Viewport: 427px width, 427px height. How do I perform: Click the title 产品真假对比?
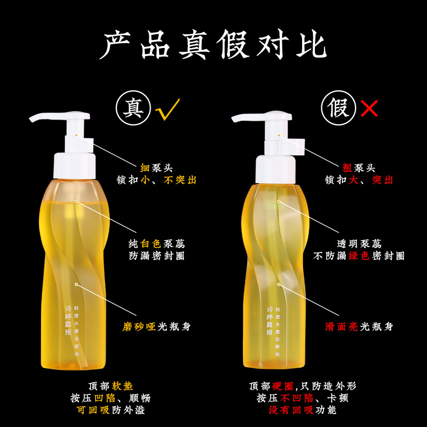click(x=213, y=45)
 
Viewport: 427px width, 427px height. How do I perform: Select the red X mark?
click(x=369, y=109)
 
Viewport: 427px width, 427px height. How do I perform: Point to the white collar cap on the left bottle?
click(x=75, y=165)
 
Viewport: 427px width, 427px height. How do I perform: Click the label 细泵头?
click(x=156, y=168)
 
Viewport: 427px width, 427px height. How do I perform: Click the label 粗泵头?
click(x=359, y=168)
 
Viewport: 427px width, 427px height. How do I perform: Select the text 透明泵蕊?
click(x=359, y=243)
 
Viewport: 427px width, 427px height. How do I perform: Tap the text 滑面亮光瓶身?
click(x=359, y=326)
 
